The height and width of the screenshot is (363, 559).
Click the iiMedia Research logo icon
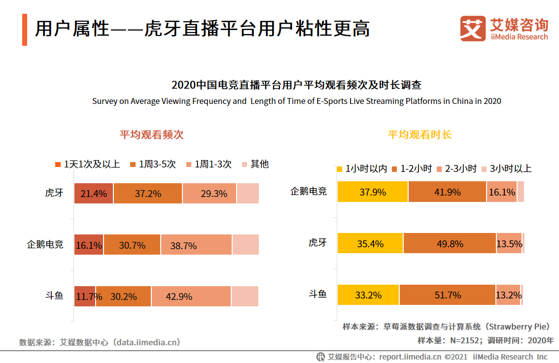point(473,29)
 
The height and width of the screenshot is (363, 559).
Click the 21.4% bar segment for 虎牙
point(94,194)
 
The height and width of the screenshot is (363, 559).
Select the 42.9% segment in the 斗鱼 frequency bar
point(191,297)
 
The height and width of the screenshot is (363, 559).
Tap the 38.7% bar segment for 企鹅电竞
point(196,245)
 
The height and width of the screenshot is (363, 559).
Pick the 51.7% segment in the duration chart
point(447,295)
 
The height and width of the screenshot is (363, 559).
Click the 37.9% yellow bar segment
point(373,192)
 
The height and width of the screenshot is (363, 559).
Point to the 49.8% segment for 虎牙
point(450,243)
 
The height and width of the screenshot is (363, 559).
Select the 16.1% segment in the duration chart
point(501,192)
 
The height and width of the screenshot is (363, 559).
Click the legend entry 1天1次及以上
point(87,164)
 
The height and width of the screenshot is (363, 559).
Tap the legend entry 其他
point(254,164)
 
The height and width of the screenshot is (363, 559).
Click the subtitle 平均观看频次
point(151,135)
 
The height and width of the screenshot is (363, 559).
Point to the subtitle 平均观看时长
point(419,135)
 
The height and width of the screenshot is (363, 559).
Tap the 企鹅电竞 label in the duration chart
point(308,191)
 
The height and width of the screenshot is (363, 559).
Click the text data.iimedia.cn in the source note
point(146,342)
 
